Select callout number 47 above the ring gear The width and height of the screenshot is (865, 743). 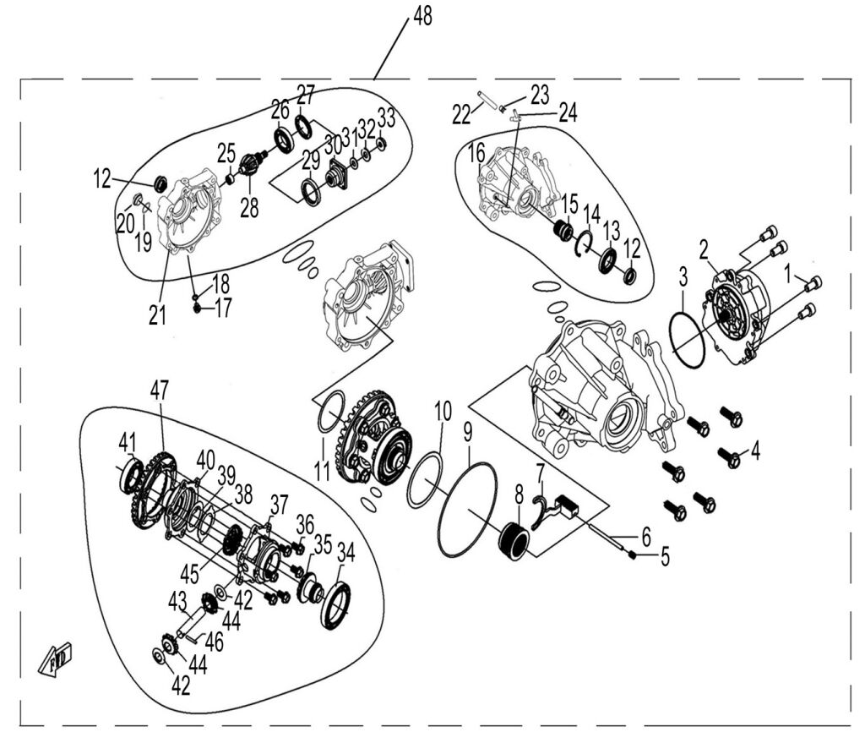click(160, 391)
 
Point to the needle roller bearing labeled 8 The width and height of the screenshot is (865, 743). click(516, 538)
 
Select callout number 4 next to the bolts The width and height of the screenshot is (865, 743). click(755, 451)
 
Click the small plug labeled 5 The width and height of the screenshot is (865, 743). click(633, 555)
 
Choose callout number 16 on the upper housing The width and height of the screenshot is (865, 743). click(476, 153)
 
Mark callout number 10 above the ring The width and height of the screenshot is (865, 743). click(443, 412)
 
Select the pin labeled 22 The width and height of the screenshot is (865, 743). click(485, 100)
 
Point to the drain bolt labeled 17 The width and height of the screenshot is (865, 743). click(198, 309)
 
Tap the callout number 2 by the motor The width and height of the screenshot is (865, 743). click(702, 248)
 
